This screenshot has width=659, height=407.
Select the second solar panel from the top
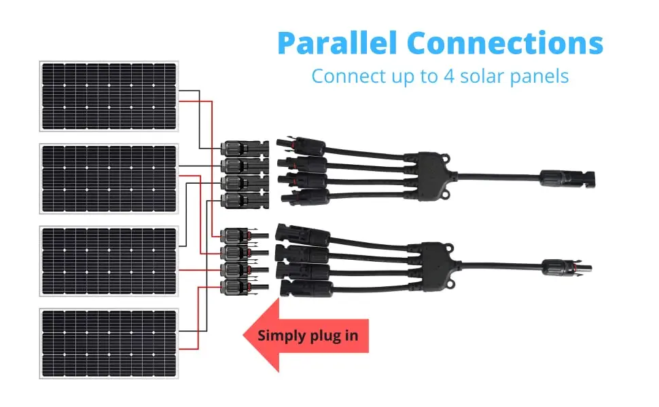109,178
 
